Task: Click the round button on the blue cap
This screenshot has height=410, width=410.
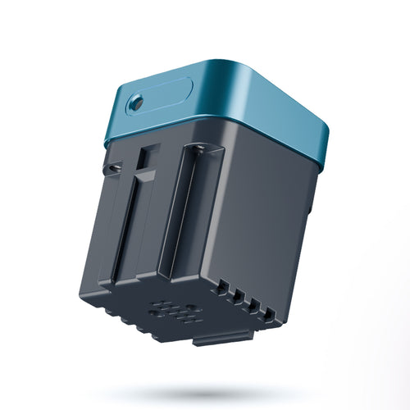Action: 135,102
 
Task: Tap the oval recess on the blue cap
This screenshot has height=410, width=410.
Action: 160,97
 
